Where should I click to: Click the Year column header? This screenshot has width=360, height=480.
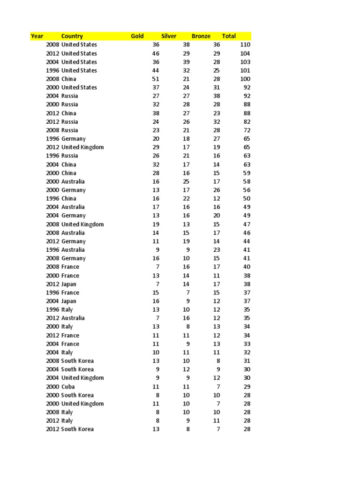click(x=37, y=36)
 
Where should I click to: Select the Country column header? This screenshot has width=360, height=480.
click(x=72, y=36)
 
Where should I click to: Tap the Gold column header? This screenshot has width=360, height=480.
click(x=137, y=36)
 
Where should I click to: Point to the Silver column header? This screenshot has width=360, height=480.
click(x=169, y=36)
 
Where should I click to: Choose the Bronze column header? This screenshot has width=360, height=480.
click(x=201, y=36)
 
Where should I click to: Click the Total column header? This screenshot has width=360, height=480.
click(x=229, y=36)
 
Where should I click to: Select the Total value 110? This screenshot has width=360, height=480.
click(x=245, y=45)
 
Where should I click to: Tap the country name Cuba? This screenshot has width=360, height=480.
click(x=68, y=387)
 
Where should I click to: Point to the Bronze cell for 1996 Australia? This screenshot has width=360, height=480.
click(x=217, y=250)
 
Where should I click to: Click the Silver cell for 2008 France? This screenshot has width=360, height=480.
click(x=186, y=267)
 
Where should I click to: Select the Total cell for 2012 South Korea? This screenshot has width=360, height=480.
click(x=247, y=429)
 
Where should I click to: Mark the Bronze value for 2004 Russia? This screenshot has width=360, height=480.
click(x=217, y=96)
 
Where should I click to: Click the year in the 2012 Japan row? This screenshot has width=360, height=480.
click(x=52, y=284)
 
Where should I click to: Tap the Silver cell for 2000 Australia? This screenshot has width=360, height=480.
click(x=186, y=181)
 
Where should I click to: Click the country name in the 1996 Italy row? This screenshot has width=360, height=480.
click(x=67, y=309)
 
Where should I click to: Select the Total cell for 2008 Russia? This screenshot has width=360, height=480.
click(x=247, y=130)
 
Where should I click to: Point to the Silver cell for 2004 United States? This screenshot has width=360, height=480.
click(x=186, y=62)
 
